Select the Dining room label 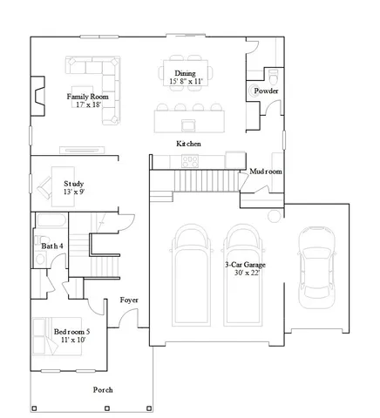click(186, 73)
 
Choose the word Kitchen click(189, 143)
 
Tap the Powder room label click(266, 91)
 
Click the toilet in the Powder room click(271, 72)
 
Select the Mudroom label click(267, 172)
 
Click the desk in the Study click(63, 184)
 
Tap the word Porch click(103, 389)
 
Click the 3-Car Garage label click(238, 265)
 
